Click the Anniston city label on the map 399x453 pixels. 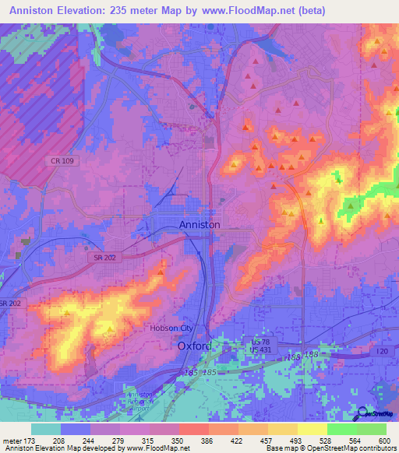[199, 224]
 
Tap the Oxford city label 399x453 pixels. [195, 345]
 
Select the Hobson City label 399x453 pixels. [175, 328]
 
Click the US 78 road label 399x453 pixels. [259, 341]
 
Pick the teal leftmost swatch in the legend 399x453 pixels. [46, 429]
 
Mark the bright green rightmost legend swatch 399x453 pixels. [372, 429]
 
